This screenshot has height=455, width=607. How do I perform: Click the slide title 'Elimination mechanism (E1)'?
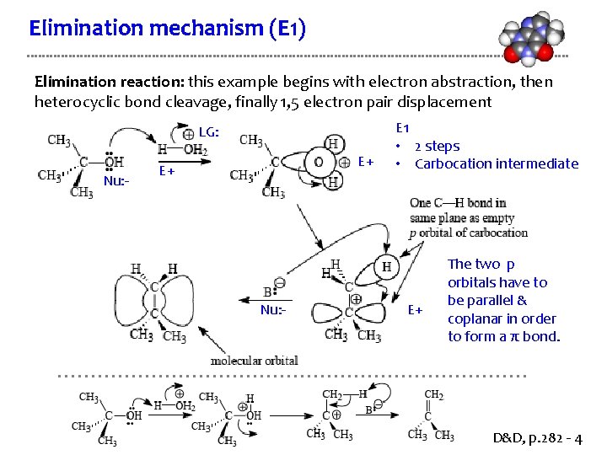167,29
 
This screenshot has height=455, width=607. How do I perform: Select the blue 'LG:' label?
209,131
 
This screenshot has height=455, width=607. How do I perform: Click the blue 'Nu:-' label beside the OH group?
116,181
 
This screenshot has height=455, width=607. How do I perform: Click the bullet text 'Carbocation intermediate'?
497,163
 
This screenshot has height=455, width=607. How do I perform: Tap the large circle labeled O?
318,162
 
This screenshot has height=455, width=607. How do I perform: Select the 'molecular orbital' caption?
254,361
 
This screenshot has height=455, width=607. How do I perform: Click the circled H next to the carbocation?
387,267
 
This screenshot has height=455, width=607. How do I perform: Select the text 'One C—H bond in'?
458,203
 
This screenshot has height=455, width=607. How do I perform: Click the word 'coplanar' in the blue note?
477,318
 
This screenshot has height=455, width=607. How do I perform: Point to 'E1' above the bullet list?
402,128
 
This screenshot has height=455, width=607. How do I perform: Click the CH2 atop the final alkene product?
433,395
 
